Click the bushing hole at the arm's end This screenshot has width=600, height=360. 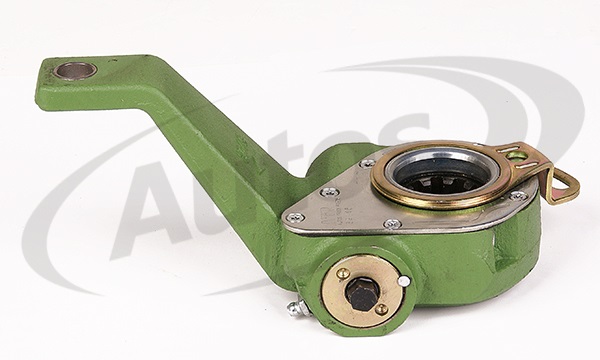(76, 71)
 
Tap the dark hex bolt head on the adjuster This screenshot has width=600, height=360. (362, 292)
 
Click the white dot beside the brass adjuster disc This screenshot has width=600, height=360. (403, 282)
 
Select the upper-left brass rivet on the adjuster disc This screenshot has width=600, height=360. (343, 273)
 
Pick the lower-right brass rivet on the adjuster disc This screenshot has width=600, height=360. (381, 309)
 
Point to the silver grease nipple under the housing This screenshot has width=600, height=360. (297, 309)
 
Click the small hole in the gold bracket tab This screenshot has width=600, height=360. (516, 156)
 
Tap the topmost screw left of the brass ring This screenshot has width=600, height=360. (367, 163)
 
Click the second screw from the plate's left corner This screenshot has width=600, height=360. (328, 192)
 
